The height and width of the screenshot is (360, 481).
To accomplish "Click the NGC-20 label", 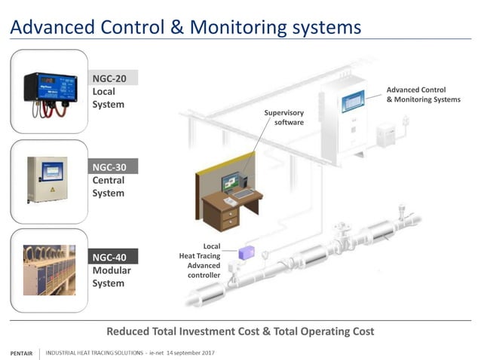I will (110, 78).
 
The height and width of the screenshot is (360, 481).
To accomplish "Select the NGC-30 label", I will (110, 167).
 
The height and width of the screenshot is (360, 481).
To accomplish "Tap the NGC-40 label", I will (110, 258).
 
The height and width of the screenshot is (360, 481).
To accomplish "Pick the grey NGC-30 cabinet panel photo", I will (47, 179).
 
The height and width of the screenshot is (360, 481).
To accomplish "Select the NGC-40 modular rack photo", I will (49, 269).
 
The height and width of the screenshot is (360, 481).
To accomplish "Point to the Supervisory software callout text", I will (284, 117).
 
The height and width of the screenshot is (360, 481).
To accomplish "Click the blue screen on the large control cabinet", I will (352, 100).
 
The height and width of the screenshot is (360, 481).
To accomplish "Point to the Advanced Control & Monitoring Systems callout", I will (422, 94).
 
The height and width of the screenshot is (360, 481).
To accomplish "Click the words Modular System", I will (109, 277).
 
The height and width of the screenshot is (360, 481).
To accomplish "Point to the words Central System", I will (109, 187).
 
